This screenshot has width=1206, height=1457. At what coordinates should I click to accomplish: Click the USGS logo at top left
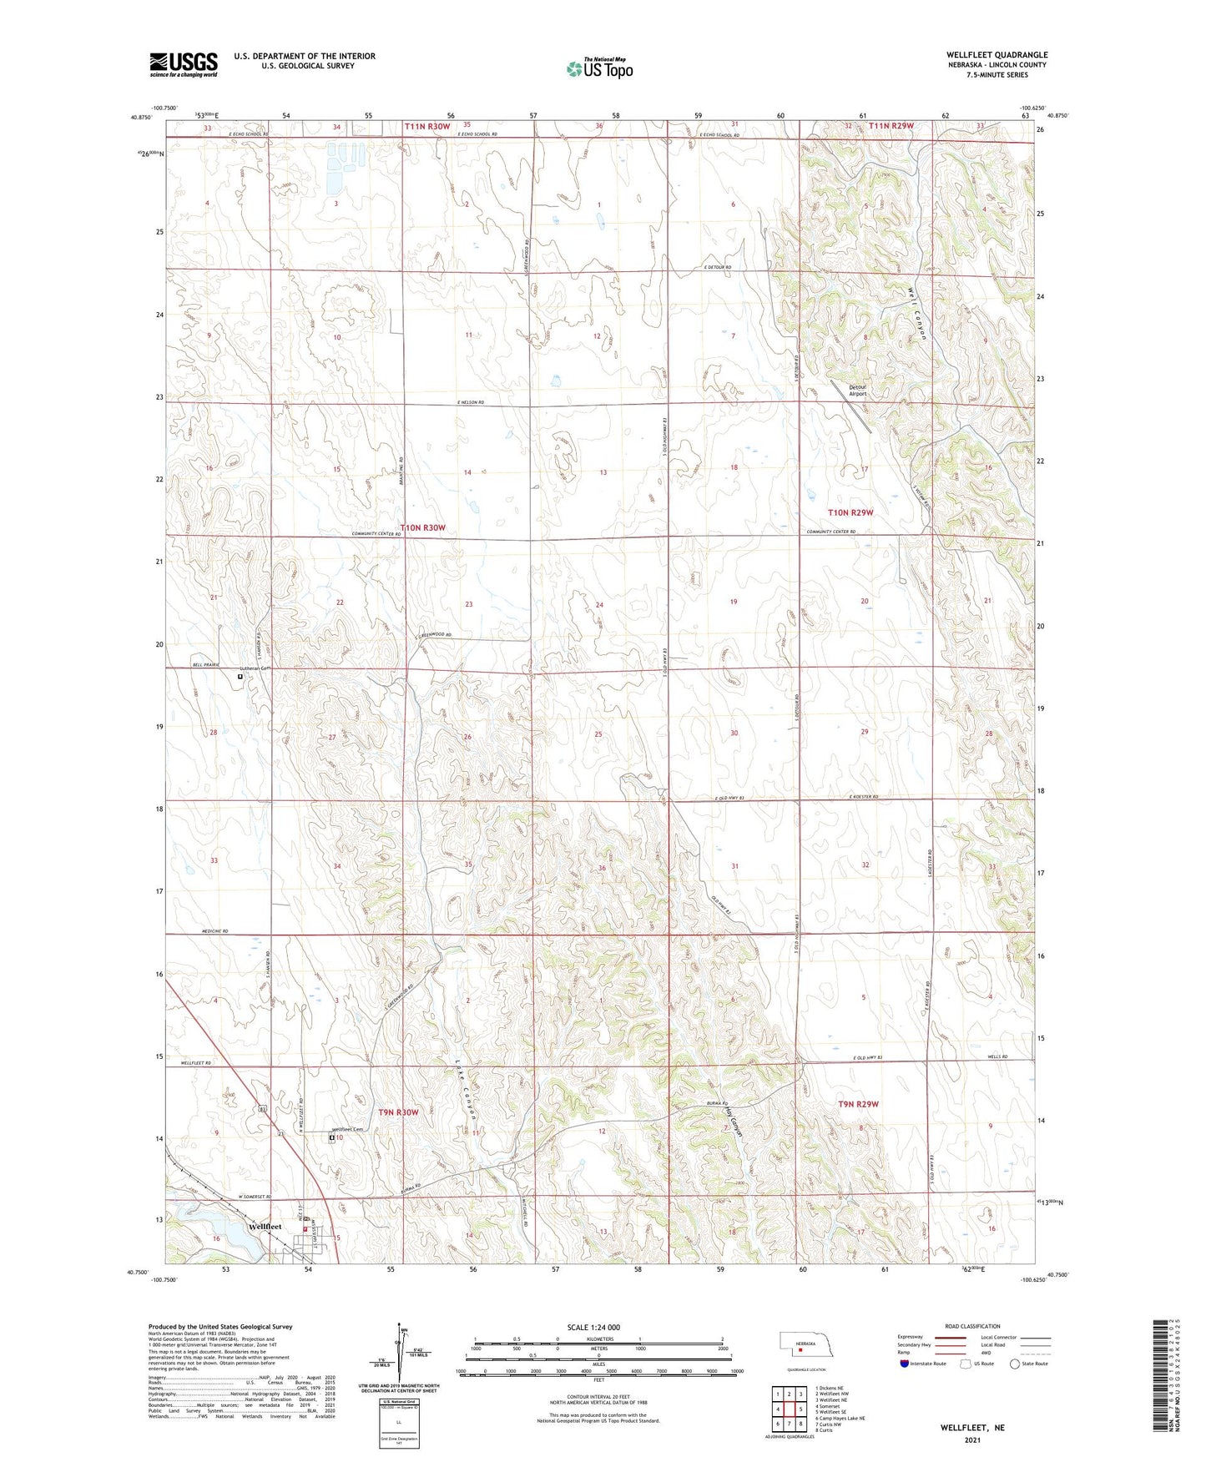click(184, 64)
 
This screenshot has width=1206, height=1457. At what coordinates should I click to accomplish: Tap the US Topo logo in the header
click(600, 68)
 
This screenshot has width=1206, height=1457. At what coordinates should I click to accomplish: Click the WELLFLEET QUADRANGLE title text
click(997, 55)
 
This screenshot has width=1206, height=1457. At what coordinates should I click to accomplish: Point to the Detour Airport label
click(858, 391)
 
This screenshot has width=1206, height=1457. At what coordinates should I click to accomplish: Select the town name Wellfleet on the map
click(265, 1227)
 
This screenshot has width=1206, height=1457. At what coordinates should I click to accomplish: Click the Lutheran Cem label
click(256, 668)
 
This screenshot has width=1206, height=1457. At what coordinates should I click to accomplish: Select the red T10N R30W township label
click(422, 527)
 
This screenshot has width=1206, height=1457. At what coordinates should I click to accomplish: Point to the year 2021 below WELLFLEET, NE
click(971, 1440)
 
